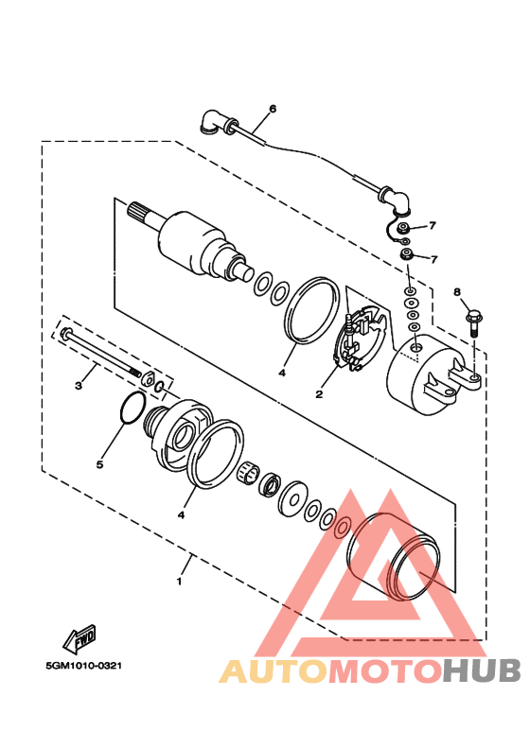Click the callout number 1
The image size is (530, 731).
pyautogui.click(x=179, y=582)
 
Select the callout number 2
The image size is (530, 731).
pyautogui.click(x=319, y=394)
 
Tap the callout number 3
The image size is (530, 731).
pyautogui.click(x=79, y=386)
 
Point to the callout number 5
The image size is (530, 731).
pyautogui.click(x=99, y=464)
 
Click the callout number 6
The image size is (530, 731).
pyautogui.click(x=273, y=109)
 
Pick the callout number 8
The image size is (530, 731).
pyautogui.click(x=457, y=292)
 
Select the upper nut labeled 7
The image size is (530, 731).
pyautogui.click(x=402, y=229)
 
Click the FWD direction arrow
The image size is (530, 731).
pyautogui.click(x=80, y=637)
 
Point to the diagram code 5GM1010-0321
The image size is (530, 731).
pyautogui.click(x=84, y=666)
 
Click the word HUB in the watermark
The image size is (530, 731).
pyautogui.click(x=482, y=670)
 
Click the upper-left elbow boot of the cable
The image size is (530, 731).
pyautogui.click(x=213, y=122)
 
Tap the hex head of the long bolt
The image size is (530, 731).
pyautogui.click(x=65, y=333)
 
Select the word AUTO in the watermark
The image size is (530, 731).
pyautogui.click(x=274, y=670)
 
